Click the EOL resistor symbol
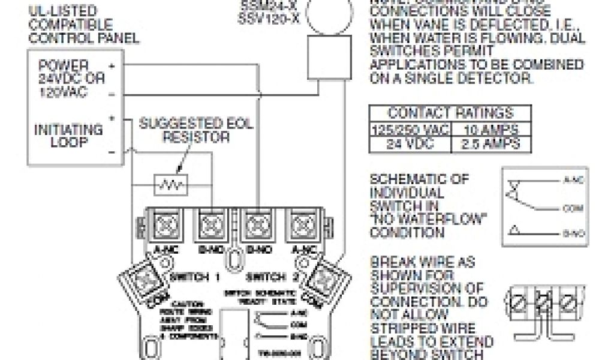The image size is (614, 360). pyautogui.click(x=171, y=184)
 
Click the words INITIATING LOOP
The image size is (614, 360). pyautogui.click(x=68, y=136)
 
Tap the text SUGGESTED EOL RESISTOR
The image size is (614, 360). pyautogui.click(x=195, y=131)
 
